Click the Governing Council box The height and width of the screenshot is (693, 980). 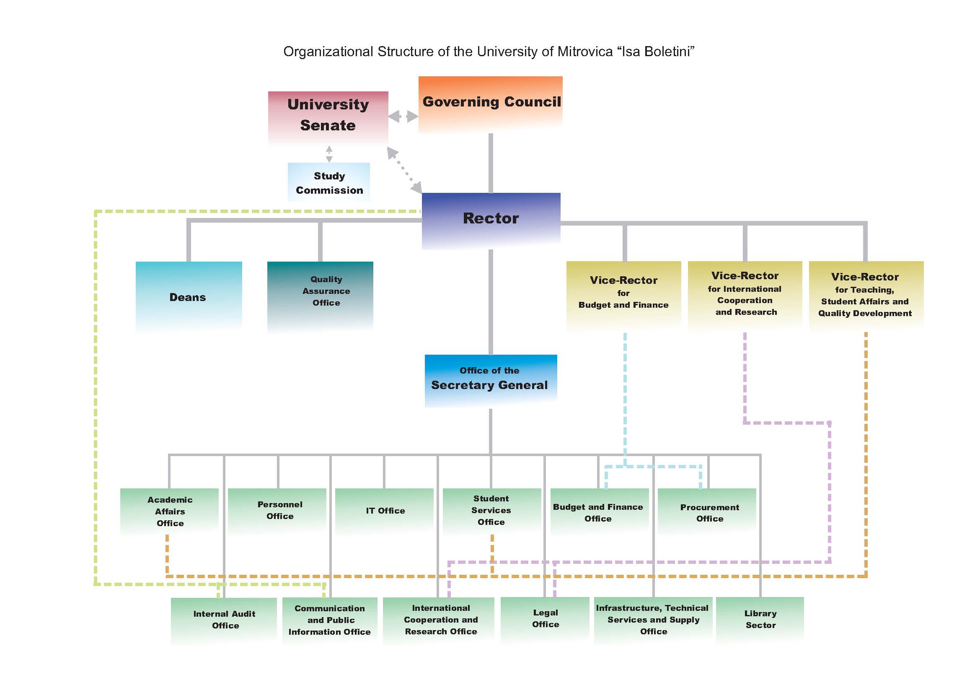point(491,105)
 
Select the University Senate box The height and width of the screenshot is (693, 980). point(328,119)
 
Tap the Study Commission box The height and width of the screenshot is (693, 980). point(328,182)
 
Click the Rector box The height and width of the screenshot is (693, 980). point(491,221)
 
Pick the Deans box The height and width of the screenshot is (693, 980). point(189,296)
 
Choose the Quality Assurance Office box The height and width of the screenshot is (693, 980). point(320,296)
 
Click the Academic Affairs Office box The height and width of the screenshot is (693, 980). point(169,511)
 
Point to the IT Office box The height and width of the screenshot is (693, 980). point(384,511)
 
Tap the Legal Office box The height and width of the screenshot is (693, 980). point(545,620)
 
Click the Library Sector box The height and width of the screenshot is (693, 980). point(760,620)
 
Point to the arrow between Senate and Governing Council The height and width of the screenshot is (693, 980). point(403,116)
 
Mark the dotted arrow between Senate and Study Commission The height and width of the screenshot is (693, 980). point(329,154)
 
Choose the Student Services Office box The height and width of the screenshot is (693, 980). point(492,511)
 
